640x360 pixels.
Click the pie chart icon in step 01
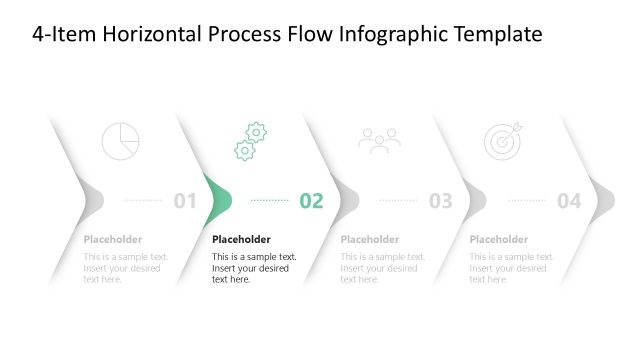tap(121, 141)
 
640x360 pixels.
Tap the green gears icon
tap(250, 141)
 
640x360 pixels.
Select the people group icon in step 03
tap(379, 141)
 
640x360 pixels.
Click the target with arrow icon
tap(502, 141)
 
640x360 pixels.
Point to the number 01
tap(185, 201)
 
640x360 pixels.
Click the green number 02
tap(312, 201)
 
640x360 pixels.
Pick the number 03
tap(441, 201)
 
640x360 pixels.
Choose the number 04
tap(569, 201)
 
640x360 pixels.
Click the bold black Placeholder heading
tap(241, 240)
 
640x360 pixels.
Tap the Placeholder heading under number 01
tap(112, 240)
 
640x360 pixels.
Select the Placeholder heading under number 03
tap(369, 240)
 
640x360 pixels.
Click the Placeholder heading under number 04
tap(498, 240)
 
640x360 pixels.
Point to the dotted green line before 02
tap(269, 200)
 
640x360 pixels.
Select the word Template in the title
tap(497, 35)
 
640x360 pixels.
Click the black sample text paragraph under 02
tap(254, 268)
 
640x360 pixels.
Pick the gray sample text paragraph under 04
tap(511, 268)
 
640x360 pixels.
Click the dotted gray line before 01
tap(142, 200)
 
